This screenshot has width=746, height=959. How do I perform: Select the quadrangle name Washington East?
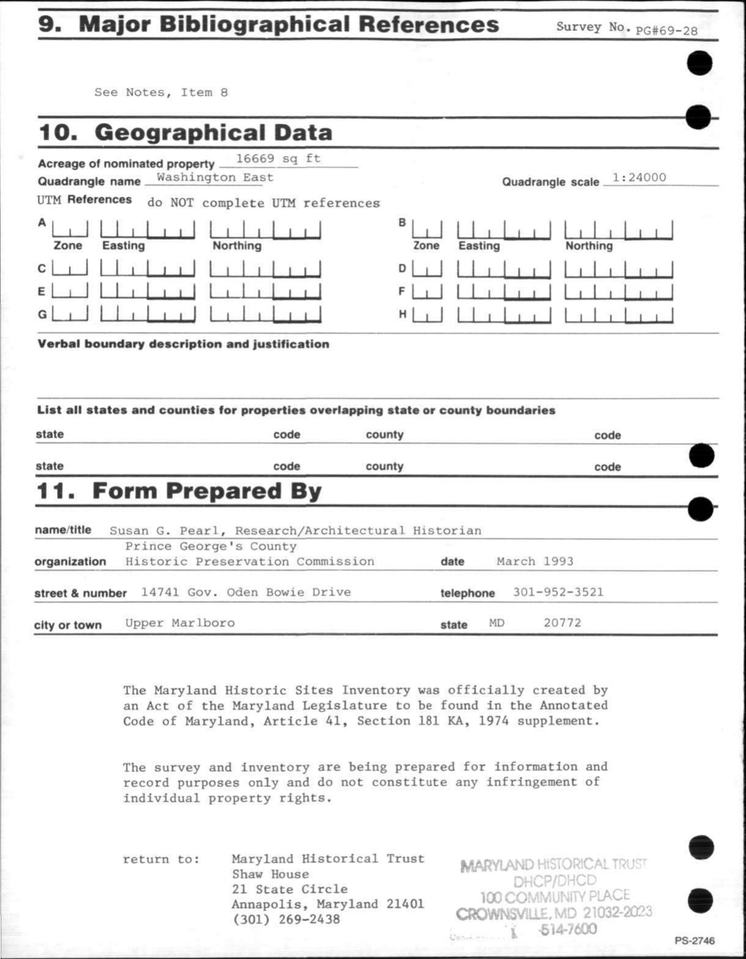coord(214,177)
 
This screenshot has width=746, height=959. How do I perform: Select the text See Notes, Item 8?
coord(161,92)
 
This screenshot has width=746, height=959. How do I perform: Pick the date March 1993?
coord(535,561)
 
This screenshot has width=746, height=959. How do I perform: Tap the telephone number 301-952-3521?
coord(558,592)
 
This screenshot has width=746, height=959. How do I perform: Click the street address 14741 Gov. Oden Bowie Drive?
coord(246,592)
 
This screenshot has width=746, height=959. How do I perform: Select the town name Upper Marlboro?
coord(180,623)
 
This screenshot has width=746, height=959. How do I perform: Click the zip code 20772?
coord(562,623)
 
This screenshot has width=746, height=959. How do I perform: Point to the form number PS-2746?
coord(694,941)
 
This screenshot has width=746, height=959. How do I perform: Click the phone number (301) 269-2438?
coord(286,919)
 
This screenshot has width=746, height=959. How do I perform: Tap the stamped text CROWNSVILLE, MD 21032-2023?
coord(554,913)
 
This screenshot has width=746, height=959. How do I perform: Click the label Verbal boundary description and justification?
coord(184,344)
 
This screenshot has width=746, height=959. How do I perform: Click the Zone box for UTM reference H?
coord(427,316)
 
